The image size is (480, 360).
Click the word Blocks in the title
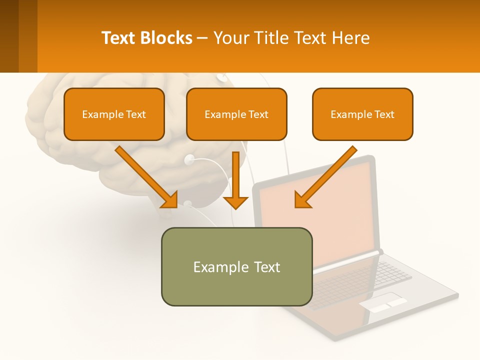pos(166,38)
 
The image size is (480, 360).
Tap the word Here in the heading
pos(351,38)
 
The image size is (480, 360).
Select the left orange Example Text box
pos(114,114)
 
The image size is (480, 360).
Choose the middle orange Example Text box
pos(236,114)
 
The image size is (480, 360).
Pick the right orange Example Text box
pos(362,114)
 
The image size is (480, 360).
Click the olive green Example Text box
pos(236,266)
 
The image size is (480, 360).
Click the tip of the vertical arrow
pos(235,207)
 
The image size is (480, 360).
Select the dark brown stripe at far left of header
pos(9,36)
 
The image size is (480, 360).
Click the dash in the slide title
pos(202,38)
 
